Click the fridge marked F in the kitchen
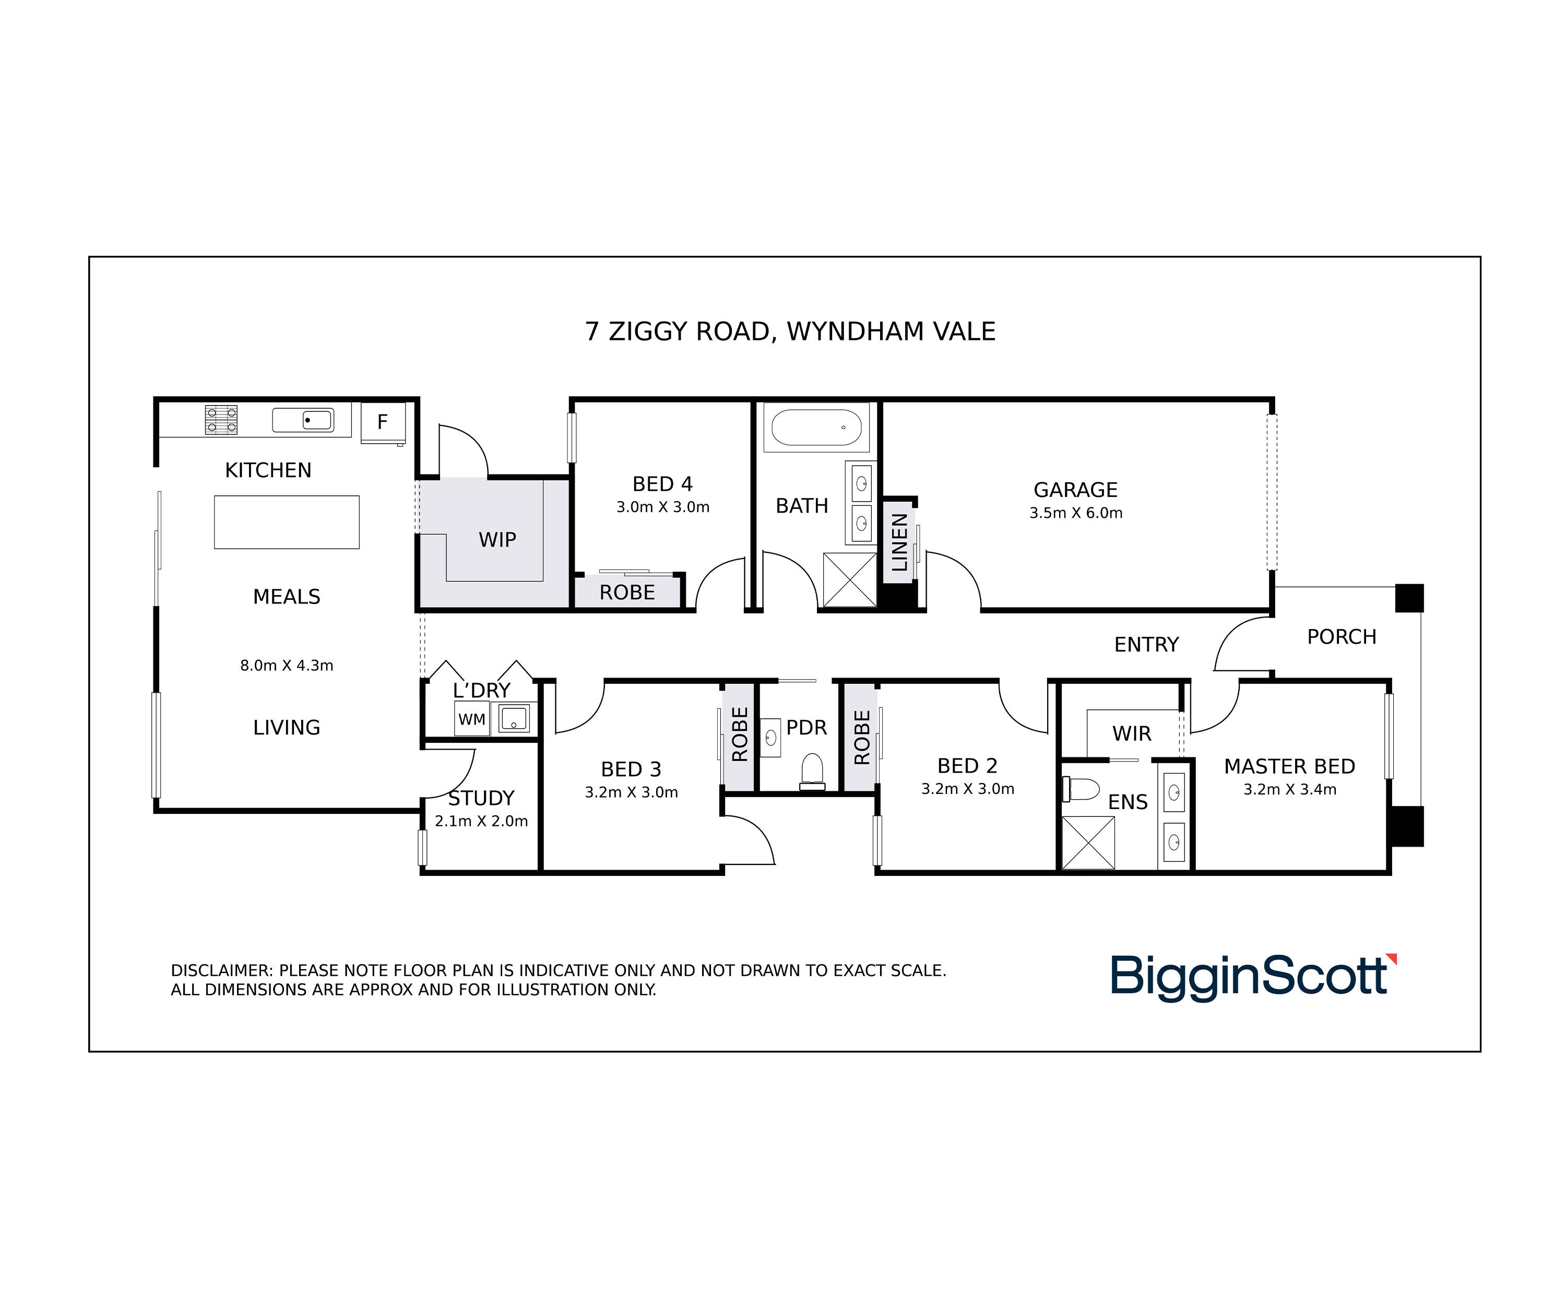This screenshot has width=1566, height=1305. click(383, 423)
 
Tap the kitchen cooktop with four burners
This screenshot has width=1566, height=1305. click(221, 420)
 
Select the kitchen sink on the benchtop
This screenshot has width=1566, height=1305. click(303, 420)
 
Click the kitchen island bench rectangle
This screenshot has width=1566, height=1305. click(287, 522)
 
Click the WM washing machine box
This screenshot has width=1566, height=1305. click(472, 720)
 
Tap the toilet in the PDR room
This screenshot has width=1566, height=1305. click(812, 770)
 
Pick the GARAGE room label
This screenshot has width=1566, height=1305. click(1075, 490)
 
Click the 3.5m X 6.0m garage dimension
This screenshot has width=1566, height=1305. click(1076, 513)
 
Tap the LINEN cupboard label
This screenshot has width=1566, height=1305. click(900, 542)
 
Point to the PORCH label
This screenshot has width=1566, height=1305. click(1342, 637)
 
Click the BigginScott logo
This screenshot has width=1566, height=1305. click(1253, 976)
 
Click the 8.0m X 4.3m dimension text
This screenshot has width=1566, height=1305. click(287, 665)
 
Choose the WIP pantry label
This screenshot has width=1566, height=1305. click(497, 540)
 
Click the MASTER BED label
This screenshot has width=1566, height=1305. click(1289, 767)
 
